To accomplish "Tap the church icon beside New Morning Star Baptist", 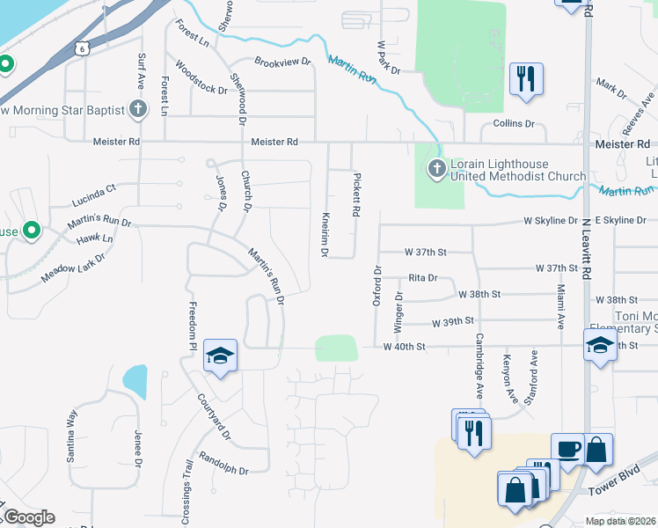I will [x=137, y=109].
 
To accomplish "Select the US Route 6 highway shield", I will [x=82, y=49].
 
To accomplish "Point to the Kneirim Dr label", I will [x=325, y=233].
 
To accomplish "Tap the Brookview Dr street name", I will [x=283, y=62].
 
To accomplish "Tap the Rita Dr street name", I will [x=422, y=278].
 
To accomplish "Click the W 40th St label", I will [x=405, y=347].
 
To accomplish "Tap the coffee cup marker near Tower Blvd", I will [x=567, y=450].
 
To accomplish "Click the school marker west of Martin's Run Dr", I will [x=220, y=356].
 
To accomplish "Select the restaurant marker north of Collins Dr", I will [x=526, y=79].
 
